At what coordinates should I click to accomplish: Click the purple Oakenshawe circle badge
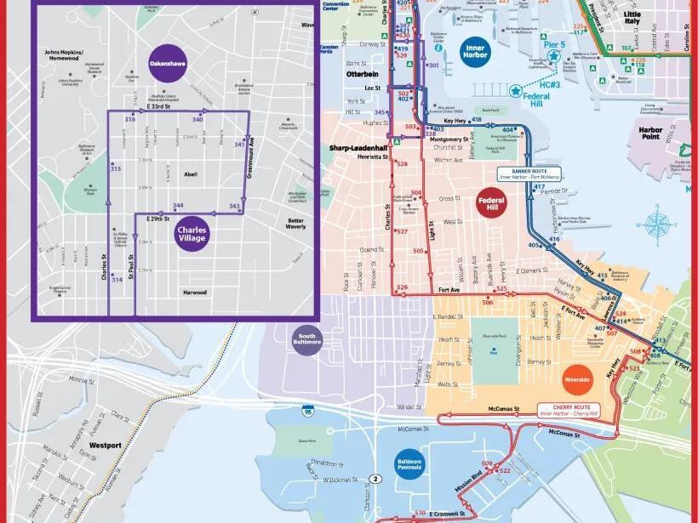point(168,63)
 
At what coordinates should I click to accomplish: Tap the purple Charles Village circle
point(192,232)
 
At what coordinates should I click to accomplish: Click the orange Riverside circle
point(577,379)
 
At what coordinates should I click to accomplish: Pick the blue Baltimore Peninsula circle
point(409,464)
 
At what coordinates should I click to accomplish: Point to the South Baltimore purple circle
point(306,340)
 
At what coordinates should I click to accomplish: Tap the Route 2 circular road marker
point(376,479)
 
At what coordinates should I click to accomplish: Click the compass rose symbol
point(657,225)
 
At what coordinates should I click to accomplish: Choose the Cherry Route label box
point(569,410)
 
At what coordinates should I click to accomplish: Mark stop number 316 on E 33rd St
point(130,120)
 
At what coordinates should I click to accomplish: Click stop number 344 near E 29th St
point(178,206)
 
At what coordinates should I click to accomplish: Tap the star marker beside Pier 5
point(554,57)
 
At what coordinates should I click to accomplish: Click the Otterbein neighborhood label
point(362,74)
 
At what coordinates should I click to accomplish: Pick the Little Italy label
point(632,19)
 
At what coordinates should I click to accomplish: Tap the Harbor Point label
point(650,134)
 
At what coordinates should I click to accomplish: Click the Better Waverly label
point(295,222)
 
